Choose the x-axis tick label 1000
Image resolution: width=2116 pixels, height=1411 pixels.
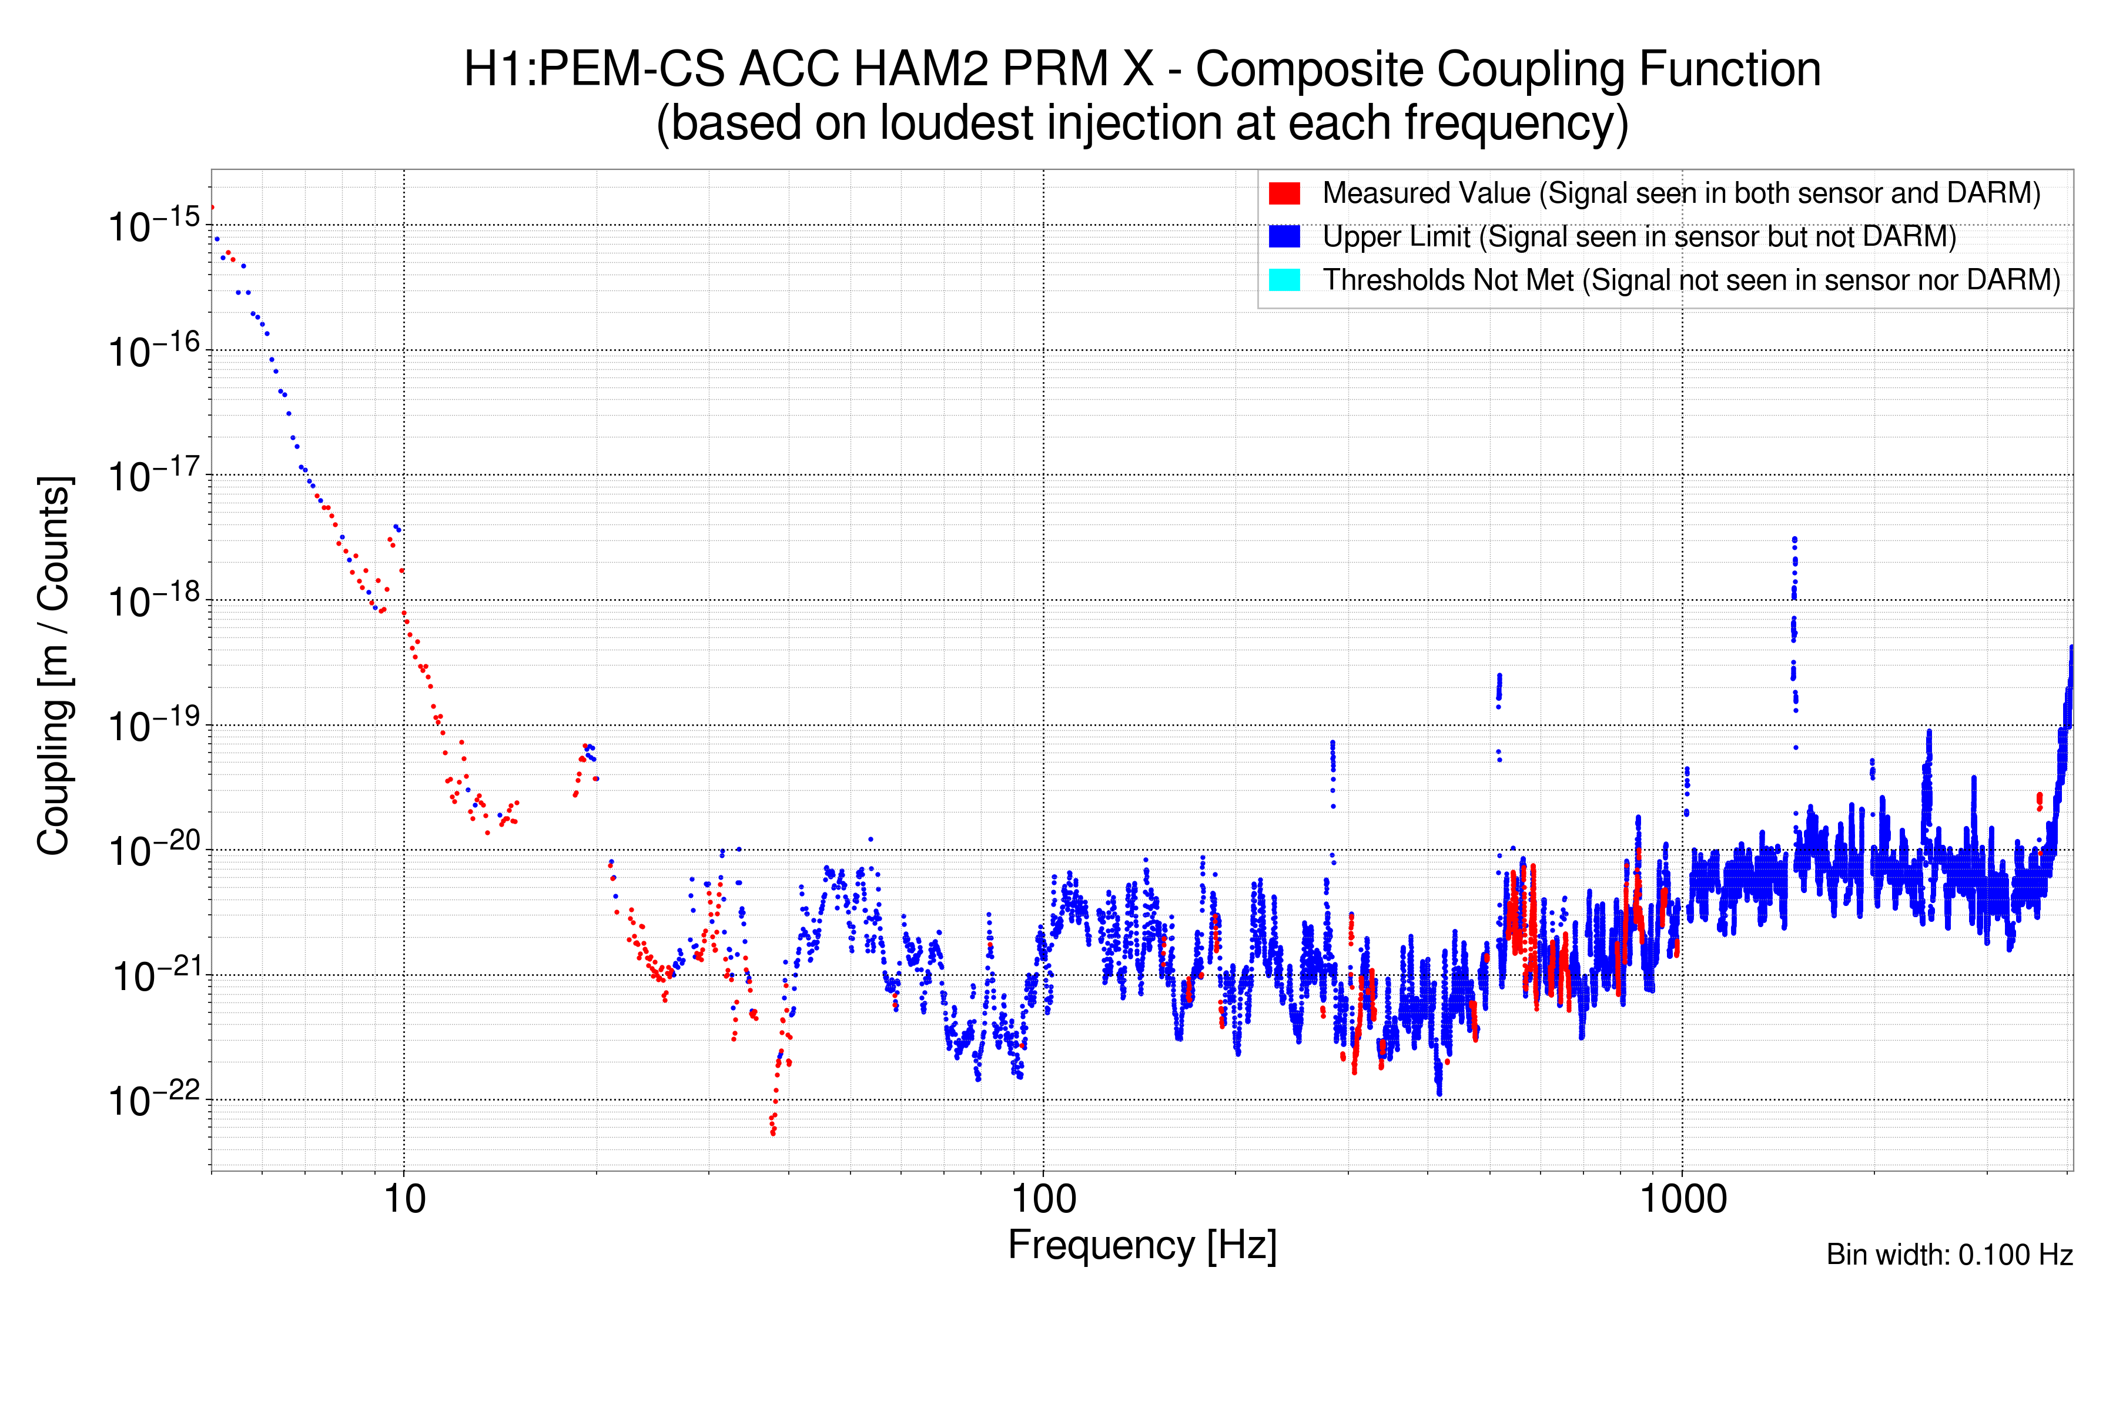click(x=1682, y=1199)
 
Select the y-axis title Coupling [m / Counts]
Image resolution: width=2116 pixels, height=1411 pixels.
click(x=54, y=666)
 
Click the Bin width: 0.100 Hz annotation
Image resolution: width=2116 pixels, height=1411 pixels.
click(x=1948, y=1255)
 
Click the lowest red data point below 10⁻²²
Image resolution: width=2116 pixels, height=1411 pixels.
click(x=773, y=1133)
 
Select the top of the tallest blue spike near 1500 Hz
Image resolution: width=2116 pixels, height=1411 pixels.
click(x=1795, y=539)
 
